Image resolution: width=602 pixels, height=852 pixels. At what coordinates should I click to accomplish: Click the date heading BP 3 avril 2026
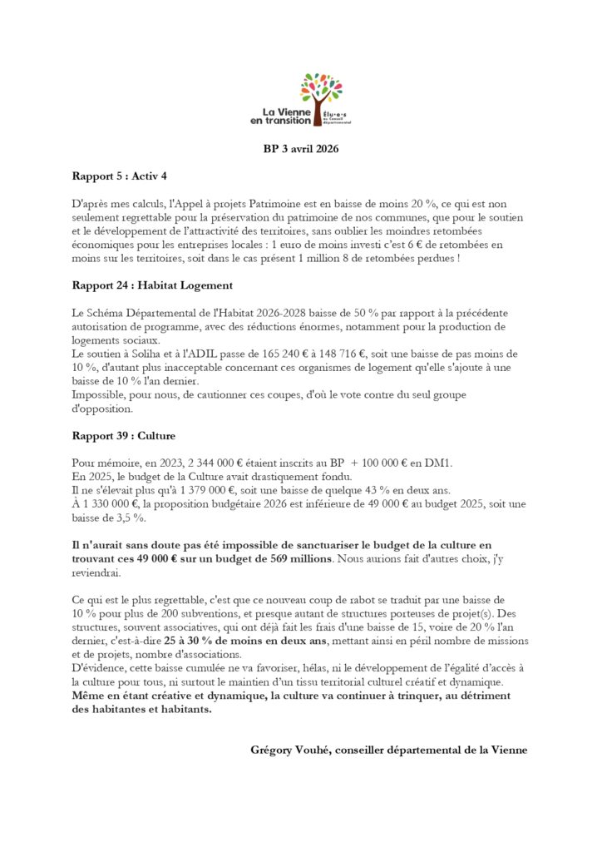click(300, 150)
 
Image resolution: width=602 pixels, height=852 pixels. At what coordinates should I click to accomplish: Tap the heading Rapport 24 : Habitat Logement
click(152, 285)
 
